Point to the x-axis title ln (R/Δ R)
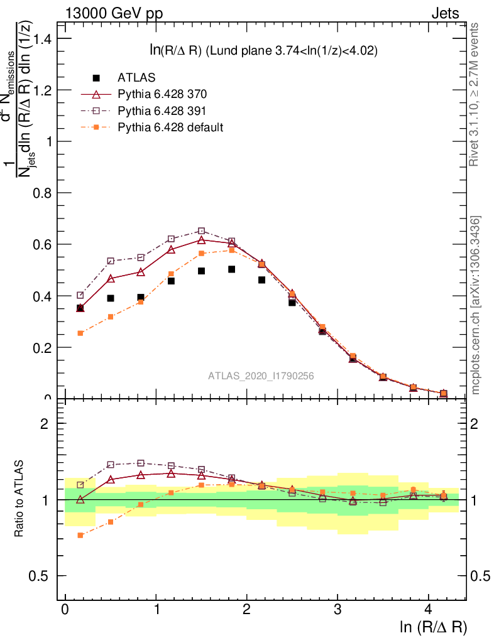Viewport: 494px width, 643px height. point(433,627)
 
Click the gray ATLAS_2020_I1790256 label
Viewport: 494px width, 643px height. point(261,376)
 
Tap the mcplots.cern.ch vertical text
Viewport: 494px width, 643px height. point(476,305)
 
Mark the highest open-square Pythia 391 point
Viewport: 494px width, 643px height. point(201,231)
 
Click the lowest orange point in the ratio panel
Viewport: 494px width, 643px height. point(80,535)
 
